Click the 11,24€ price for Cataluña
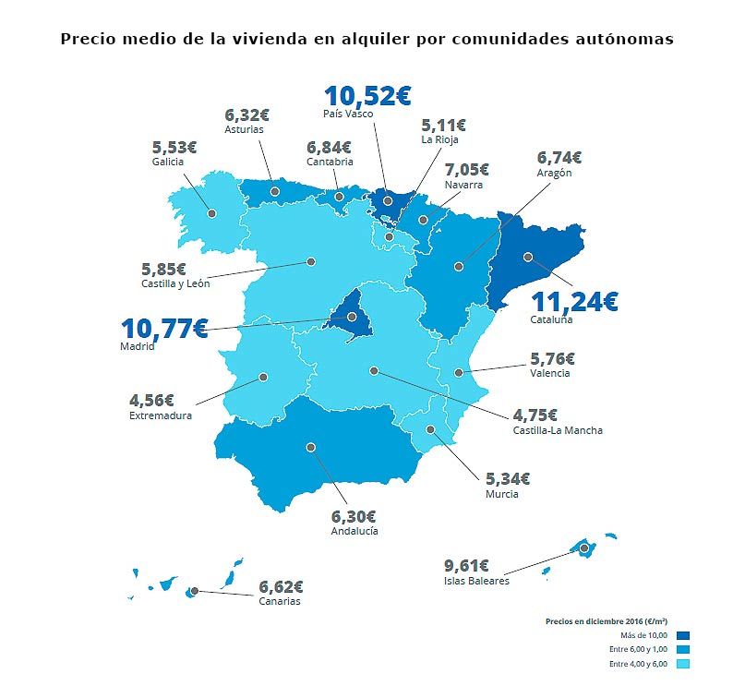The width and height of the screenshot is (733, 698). coord(573,301)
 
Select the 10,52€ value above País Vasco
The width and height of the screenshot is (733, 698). coord(366,95)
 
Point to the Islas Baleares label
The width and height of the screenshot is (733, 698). coord(475,581)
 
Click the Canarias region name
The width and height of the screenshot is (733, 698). coord(279,601)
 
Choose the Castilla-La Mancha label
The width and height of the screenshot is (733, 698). coord(557,430)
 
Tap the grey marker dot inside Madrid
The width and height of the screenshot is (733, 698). coord(352,318)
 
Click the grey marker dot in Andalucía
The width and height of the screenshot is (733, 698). coord(311,447)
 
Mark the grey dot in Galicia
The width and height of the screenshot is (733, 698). coord(211,213)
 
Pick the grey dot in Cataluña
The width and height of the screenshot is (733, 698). coord(528,258)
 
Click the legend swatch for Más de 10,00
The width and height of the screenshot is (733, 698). coord(683,635)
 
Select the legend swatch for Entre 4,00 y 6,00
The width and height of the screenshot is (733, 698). coord(683,665)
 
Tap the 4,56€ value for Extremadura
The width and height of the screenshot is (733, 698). coord(151,401)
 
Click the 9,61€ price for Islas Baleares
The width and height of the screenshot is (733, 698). coord(466,565)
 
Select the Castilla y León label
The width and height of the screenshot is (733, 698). coord(175,283)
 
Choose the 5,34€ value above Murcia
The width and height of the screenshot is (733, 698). coord(508,478)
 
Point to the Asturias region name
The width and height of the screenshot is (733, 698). coord(244,129)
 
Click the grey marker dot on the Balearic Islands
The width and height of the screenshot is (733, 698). coord(584,548)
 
